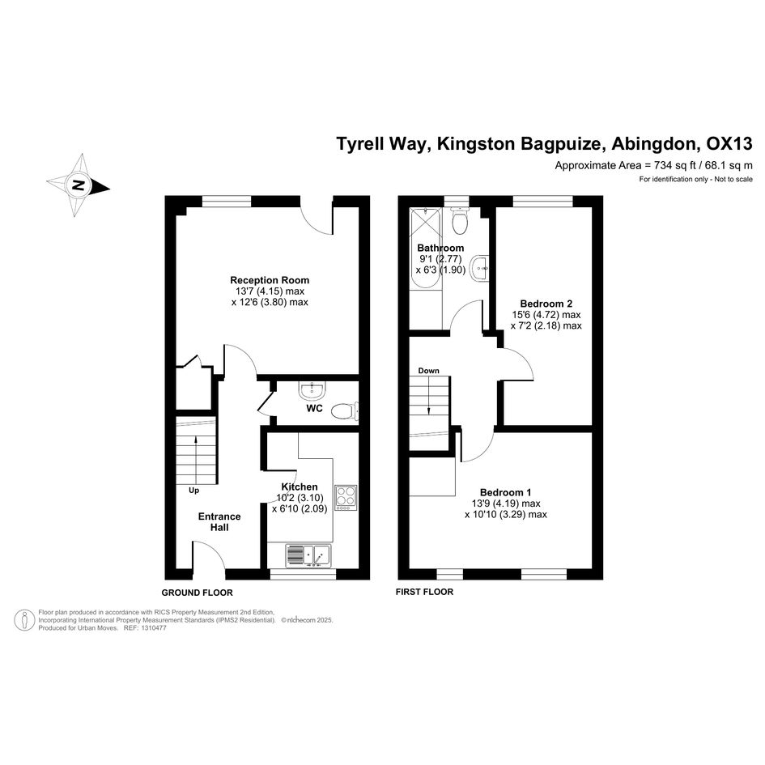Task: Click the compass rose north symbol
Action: [78, 185]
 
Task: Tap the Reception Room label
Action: [270, 280]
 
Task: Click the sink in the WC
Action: [312, 390]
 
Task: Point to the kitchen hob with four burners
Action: [346, 498]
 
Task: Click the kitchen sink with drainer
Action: [308, 555]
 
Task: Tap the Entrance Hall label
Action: [219, 521]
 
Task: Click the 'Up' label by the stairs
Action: [193, 491]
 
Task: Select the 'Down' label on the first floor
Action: [428, 371]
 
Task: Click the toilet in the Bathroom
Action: [460, 220]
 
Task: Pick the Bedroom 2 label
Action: [546, 304]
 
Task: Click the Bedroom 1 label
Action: [505, 492]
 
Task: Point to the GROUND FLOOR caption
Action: [197, 593]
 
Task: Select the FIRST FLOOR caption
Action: [424, 592]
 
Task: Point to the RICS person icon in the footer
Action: [24, 620]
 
